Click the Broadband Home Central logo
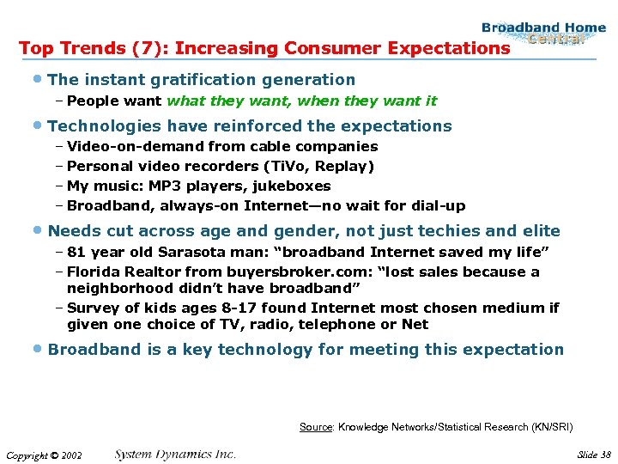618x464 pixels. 542,34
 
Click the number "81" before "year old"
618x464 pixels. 76,253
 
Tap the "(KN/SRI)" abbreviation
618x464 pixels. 552,427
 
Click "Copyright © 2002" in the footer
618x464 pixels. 43,455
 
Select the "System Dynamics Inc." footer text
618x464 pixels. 175,455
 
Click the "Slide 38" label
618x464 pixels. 594,455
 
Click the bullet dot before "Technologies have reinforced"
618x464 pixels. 39,126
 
